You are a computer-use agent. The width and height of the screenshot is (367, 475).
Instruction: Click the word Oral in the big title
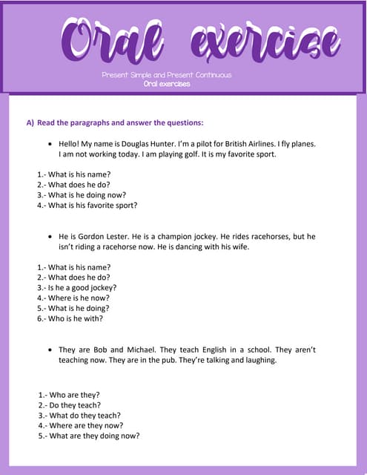(113, 40)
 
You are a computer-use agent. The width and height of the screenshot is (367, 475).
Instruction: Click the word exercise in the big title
(265, 40)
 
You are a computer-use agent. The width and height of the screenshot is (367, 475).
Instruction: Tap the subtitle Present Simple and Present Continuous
(167, 75)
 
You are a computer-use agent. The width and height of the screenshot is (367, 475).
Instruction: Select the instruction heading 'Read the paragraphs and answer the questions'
(115, 122)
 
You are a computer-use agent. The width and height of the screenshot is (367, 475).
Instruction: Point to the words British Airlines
(245, 144)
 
